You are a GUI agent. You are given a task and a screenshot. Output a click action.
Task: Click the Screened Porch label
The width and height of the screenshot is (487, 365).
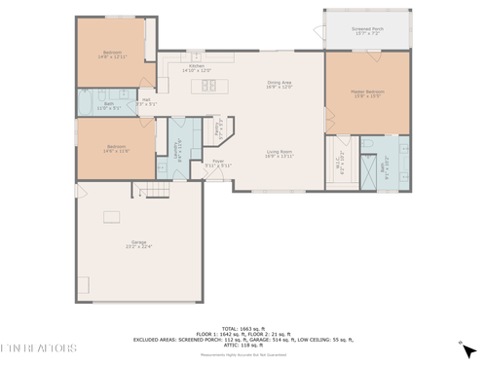366,31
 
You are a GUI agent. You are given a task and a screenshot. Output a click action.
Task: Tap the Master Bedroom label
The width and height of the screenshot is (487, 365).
366,94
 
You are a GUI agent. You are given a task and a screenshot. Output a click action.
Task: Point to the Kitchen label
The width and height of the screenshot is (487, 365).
196,67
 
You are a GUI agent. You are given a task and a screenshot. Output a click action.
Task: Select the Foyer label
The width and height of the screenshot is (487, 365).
217,164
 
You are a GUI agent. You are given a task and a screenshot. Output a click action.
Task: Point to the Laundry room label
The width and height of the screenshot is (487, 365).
178,148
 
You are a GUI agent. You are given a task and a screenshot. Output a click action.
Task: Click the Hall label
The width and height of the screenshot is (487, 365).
145,100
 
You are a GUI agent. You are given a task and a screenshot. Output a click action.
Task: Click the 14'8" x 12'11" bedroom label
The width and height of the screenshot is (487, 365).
114,55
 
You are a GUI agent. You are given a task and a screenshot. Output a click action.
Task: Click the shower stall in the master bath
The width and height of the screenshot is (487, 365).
369,176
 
